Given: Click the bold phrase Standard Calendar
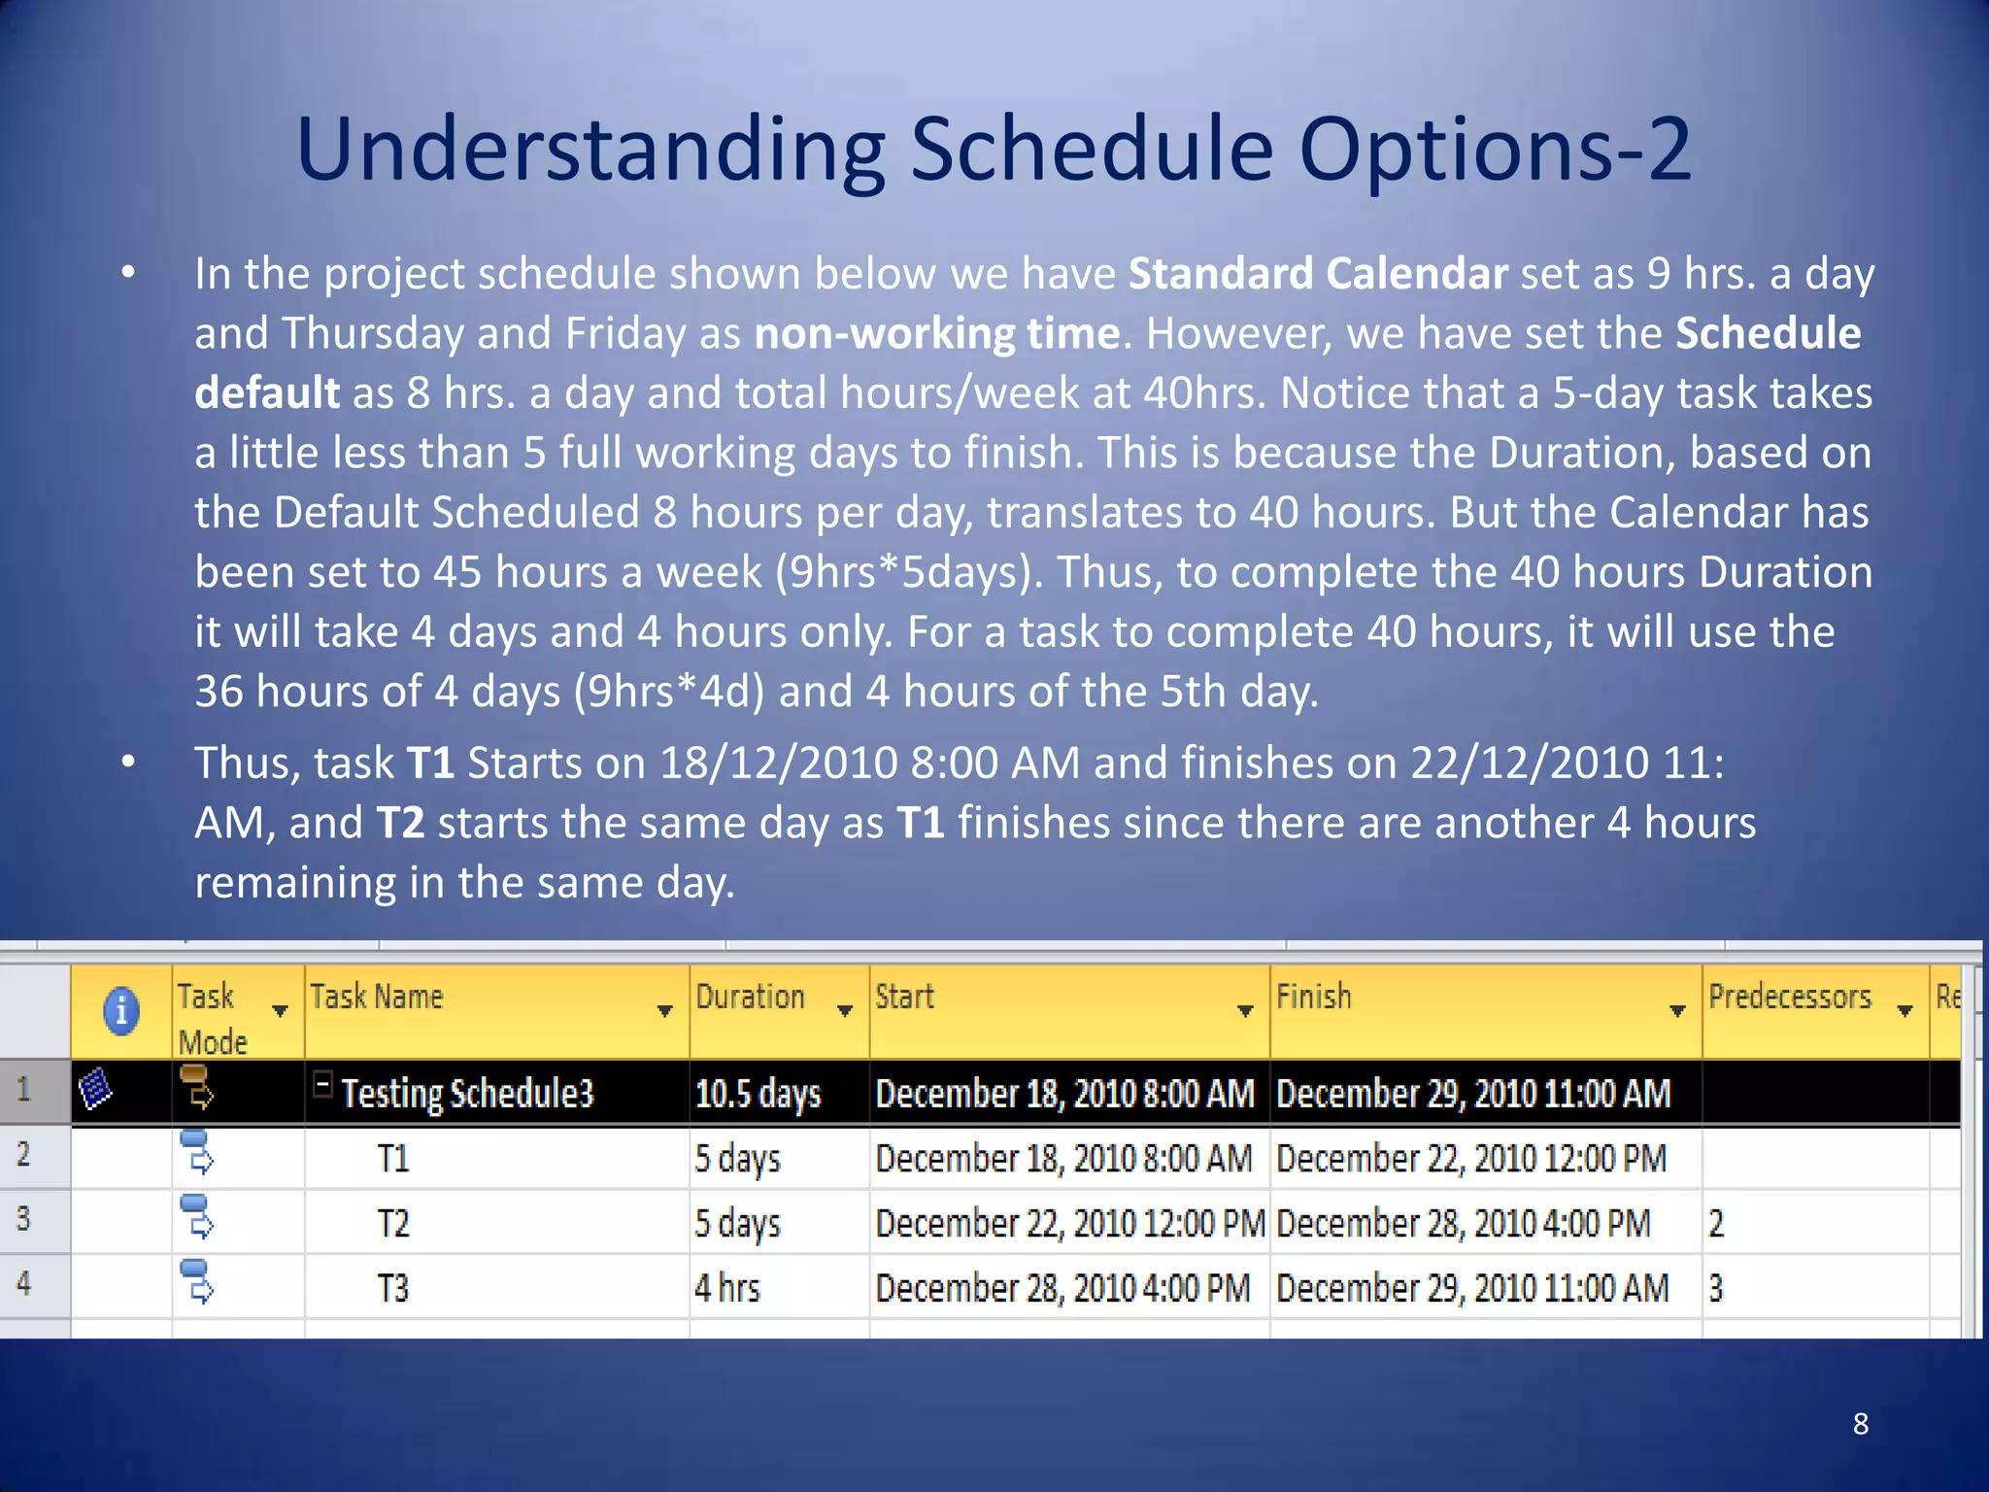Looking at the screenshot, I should point(1317,274).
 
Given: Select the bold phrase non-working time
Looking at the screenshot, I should point(936,333).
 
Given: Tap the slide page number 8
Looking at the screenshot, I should point(1860,1424).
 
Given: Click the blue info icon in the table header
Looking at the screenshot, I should point(121,1010).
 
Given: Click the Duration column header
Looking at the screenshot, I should point(751,998).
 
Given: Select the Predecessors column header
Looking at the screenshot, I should point(1789,998).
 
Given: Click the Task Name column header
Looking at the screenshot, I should point(377,998).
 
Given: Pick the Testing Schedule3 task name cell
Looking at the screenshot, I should point(467,1094).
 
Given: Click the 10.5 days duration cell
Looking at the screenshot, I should point(758,1094).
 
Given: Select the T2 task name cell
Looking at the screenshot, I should point(393,1223).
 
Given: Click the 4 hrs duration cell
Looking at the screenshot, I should point(726,1288).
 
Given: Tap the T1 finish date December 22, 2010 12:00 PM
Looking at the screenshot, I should point(1470,1159).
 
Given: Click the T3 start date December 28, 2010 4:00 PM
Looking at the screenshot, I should point(1062,1288).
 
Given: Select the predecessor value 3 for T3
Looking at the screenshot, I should point(1716,1288).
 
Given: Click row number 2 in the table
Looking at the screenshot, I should point(24,1155).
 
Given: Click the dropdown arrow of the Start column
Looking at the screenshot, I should point(1245,1011).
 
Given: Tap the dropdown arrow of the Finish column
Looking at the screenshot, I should point(1677,1011).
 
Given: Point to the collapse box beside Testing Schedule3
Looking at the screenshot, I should point(323,1084).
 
